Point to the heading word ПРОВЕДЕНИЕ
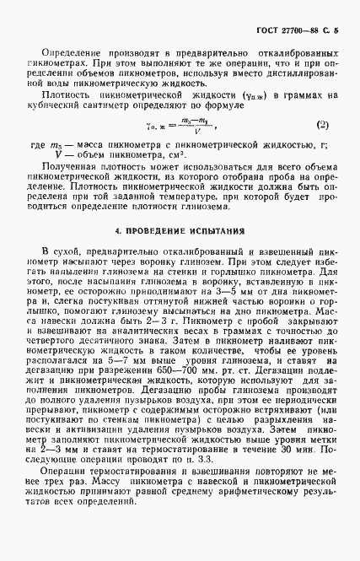(155, 229)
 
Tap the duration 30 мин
(295, 471)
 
